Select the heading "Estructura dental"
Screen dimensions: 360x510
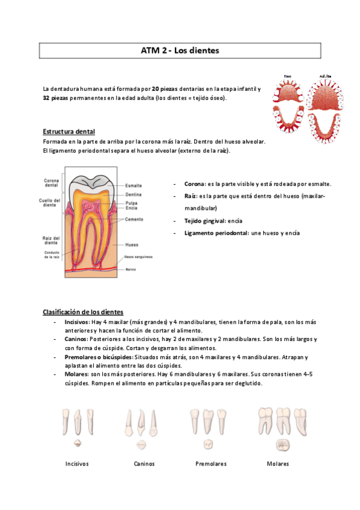pyautogui.click(x=69, y=132)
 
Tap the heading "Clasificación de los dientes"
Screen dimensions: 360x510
pyautogui.click(x=83, y=312)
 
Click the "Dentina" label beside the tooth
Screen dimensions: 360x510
pyautogui.click(x=134, y=194)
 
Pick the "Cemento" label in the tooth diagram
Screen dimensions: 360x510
pyautogui.click(x=135, y=220)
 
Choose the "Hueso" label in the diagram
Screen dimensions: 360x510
pyautogui.click(x=132, y=245)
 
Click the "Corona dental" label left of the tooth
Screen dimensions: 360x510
pyautogui.click(x=52, y=183)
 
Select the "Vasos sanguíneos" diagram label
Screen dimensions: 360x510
pyautogui.click(x=138, y=257)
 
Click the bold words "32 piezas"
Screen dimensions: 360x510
pyautogui.click(x=55, y=98)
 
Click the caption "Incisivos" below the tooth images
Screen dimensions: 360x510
pyautogui.click(x=77, y=464)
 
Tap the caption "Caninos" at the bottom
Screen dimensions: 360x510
pyautogui.click(x=144, y=464)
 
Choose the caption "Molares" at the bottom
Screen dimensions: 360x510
pyautogui.click(x=278, y=464)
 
